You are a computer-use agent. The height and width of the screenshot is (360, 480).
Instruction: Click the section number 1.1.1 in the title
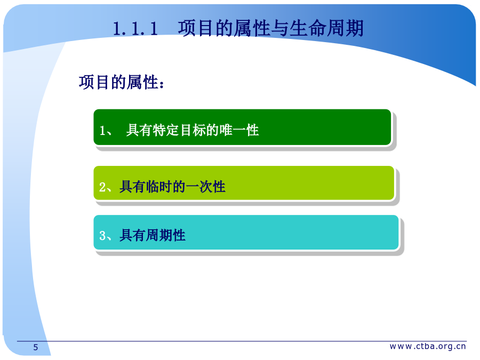point(135,28)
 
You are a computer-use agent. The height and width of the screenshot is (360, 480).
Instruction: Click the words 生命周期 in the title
point(326,28)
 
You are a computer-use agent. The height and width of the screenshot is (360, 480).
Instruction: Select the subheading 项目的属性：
point(122,82)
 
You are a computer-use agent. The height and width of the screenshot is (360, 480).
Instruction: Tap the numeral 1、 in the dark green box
point(106,131)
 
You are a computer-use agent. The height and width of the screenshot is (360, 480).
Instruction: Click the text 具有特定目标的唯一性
point(193,130)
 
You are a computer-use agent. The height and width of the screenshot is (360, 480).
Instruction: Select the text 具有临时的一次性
point(172,187)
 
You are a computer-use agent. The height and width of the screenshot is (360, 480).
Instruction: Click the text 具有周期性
point(153,235)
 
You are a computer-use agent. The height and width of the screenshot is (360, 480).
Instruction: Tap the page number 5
point(36,347)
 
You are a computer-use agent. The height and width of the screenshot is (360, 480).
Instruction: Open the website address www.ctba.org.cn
point(428,346)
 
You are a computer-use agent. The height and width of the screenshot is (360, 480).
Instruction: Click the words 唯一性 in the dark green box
point(239,130)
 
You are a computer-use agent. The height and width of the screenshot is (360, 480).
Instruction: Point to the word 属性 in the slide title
point(252,28)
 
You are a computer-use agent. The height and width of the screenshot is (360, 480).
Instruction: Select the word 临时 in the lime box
point(159,187)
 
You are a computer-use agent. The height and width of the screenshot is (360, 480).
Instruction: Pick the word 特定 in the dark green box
point(166,130)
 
